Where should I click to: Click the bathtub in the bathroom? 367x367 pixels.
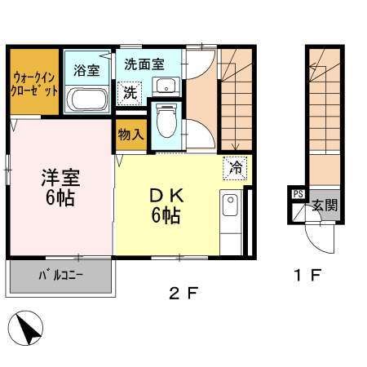coord(86,101)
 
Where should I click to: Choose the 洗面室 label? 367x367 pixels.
coord(144,63)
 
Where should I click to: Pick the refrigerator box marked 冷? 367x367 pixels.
coord(235,168)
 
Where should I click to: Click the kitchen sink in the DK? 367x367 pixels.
coord(230,207)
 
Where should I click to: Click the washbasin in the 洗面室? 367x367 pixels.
coord(171,86)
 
